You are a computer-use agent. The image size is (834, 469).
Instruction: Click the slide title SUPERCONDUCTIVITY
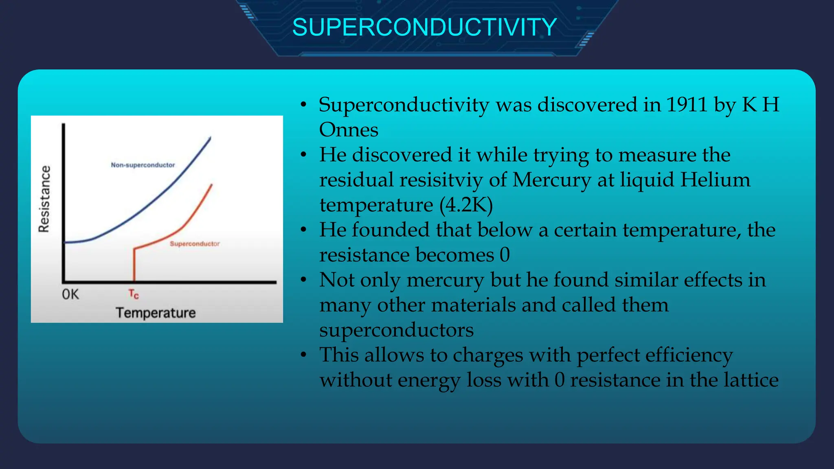point(424,27)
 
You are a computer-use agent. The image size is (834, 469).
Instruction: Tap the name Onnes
point(349,130)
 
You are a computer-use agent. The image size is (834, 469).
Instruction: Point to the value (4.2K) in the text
point(466,205)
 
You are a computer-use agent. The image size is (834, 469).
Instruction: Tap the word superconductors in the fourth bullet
point(396,330)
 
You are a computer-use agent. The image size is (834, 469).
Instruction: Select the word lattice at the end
point(751,380)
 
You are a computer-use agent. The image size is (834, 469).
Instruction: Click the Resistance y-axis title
point(44,199)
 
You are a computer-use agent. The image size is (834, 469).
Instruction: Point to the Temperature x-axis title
point(156,313)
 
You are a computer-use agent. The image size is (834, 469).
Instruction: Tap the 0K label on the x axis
point(70,294)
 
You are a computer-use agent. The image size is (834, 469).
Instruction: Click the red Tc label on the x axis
point(134,294)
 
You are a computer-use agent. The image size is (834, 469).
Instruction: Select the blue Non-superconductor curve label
point(143,165)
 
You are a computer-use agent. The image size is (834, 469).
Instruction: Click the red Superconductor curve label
point(195,244)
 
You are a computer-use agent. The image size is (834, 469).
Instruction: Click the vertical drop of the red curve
point(134,265)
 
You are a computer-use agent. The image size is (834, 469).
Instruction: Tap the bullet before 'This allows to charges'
point(303,355)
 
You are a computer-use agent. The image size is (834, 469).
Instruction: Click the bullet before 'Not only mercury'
point(303,280)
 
